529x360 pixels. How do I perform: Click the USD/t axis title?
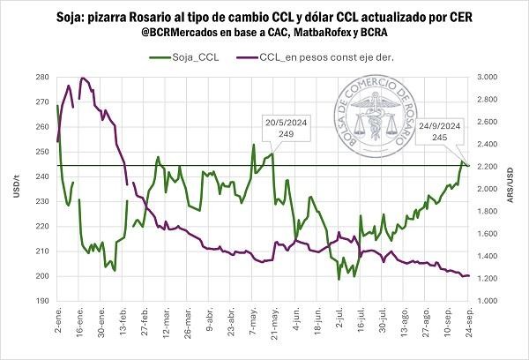click(17, 189)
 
